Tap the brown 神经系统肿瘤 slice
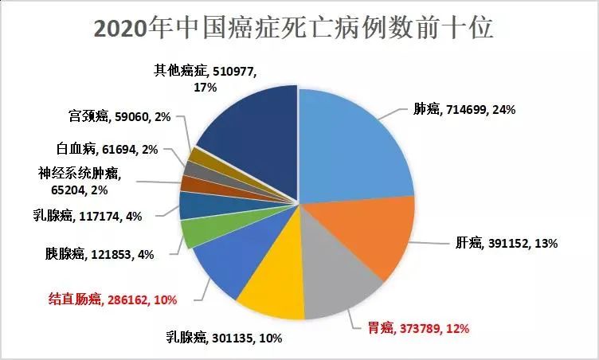[190, 182]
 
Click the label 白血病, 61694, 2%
[112, 148]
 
